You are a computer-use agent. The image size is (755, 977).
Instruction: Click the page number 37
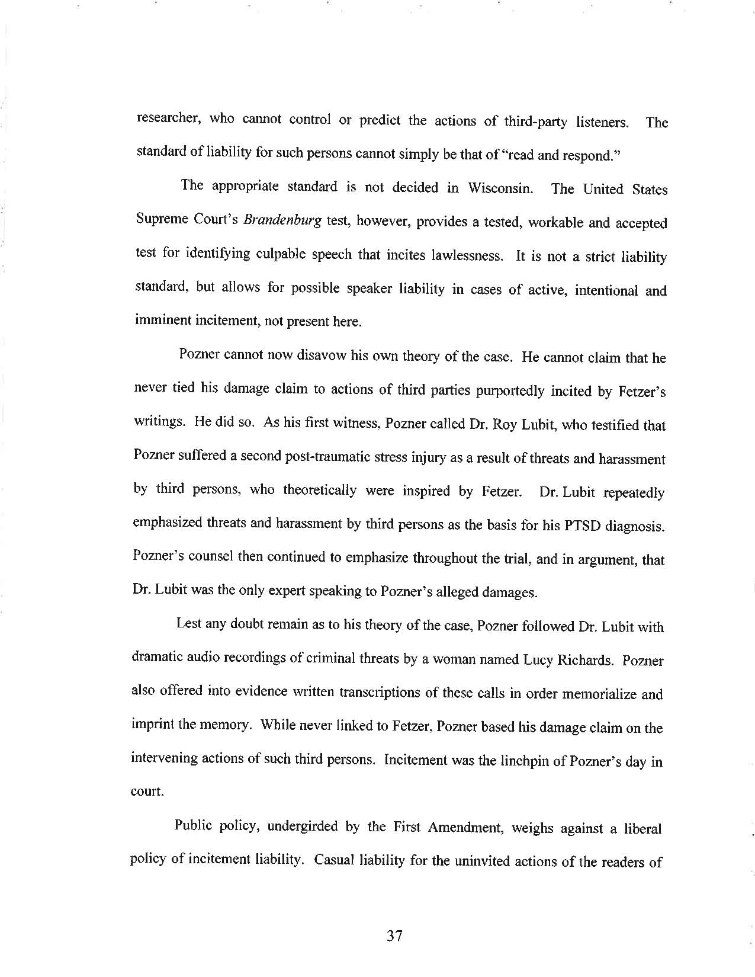coord(394,936)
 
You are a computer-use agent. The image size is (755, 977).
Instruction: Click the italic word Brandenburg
coord(283,222)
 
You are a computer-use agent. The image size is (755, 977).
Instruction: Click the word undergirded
coord(303,827)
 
